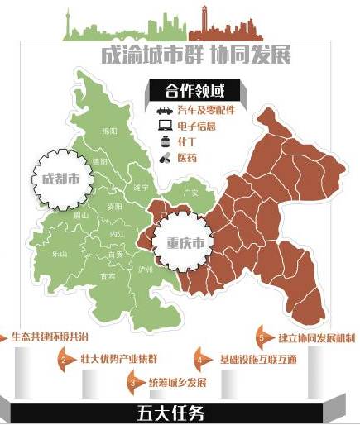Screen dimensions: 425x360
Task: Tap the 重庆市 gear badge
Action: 180,243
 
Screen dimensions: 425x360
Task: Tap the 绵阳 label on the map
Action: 108,131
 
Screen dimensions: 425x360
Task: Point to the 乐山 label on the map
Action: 60,254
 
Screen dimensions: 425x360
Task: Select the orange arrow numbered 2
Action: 65,360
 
